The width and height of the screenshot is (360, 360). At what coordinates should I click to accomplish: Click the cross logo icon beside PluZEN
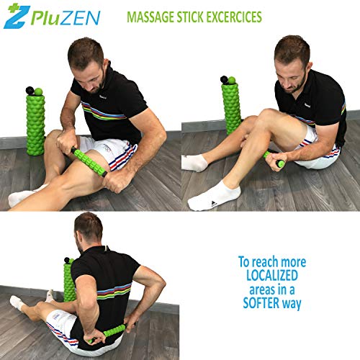[14, 17]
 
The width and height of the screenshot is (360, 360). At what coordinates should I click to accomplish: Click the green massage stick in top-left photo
[90, 161]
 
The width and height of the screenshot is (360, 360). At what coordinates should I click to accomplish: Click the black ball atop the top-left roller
[30, 91]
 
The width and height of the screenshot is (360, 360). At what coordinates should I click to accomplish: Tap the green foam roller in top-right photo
[234, 104]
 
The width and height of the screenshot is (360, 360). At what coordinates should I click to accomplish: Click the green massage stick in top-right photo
[274, 159]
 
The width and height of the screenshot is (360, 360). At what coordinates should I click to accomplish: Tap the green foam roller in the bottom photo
[69, 281]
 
